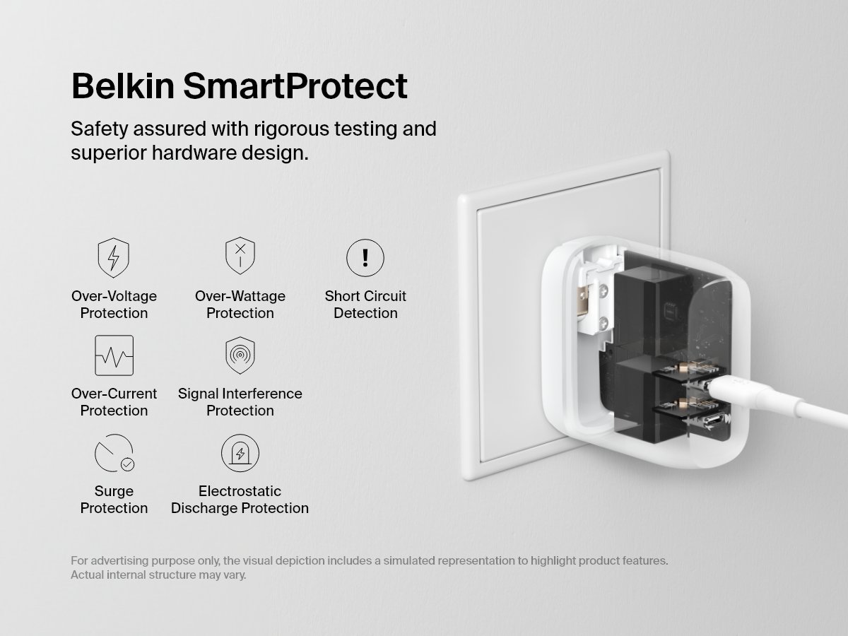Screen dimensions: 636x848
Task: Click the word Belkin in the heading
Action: coord(122,86)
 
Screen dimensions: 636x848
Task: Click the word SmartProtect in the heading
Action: coord(295,86)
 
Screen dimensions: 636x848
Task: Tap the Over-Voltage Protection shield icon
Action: coord(113,257)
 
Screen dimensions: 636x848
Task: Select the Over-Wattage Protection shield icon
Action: coord(240,256)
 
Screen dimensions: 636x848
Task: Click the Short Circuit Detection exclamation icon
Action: coord(365,257)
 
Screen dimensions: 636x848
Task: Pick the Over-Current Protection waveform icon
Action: coord(114,355)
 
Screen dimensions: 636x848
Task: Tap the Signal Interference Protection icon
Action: coord(240,355)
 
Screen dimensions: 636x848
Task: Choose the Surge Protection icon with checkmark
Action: coord(114,453)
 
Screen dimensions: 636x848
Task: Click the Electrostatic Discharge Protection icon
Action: coord(240,453)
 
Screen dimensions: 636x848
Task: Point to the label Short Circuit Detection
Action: coord(365,305)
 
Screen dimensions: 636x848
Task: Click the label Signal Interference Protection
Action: coord(240,402)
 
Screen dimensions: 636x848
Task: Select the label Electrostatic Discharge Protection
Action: coord(240,500)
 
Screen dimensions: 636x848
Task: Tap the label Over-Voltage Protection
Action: coord(114,305)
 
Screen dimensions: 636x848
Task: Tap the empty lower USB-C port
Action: coord(714,422)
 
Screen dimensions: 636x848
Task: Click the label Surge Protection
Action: coord(114,500)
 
